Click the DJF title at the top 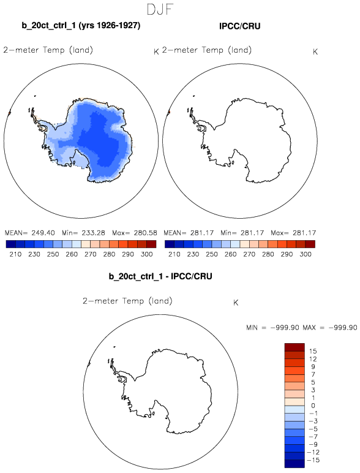coord(160,9)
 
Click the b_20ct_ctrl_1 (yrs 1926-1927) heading coord(81,25)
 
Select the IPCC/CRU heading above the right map coord(240,26)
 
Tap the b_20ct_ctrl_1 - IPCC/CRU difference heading coord(160,276)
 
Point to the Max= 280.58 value coord(135,233)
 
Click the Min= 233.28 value coord(83,233)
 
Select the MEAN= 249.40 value coord(30,233)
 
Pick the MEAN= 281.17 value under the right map coord(189,233)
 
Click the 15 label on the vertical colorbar coord(313,351)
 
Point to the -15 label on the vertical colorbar coord(313,460)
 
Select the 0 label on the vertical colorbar coord(313,406)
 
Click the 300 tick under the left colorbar coord(146,254)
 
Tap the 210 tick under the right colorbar coord(174,254)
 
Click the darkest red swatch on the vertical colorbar coord(294,347)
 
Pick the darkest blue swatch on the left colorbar coord(11,244)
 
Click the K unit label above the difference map coord(236,303)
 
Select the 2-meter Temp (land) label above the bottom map coord(127,301)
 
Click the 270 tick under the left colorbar coord(90,254)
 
